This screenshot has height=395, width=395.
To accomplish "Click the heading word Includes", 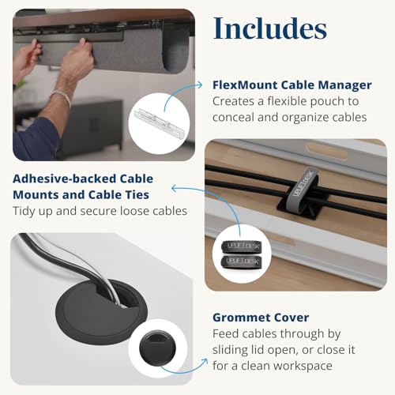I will tap(269, 29).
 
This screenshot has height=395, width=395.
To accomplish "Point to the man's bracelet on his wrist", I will tap(60, 97).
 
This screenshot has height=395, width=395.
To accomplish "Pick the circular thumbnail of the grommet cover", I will tap(159, 348).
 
